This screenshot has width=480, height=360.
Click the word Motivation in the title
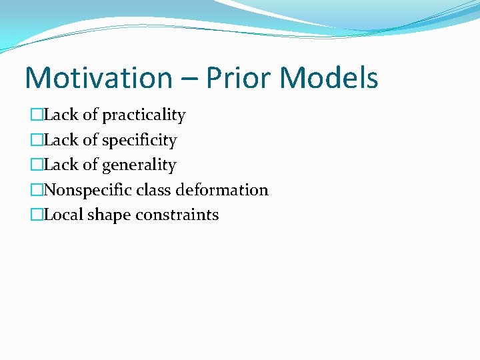click(x=98, y=78)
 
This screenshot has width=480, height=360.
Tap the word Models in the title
click(x=329, y=78)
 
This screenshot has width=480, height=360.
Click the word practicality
click(x=144, y=115)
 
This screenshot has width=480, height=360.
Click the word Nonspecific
click(x=88, y=190)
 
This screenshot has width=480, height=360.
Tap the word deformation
click(x=223, y=190)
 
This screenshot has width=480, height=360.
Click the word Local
click(x=63, y=215)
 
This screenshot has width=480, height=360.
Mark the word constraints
click(x=177, y=215)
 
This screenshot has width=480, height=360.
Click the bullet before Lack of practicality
click(x=37, y=115)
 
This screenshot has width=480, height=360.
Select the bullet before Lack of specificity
click(x=37, y=141)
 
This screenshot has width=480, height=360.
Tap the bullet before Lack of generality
click(x=37, y=165)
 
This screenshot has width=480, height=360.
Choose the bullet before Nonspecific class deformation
click(x=37, y=190)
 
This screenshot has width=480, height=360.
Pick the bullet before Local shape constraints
click(x=37, y=215)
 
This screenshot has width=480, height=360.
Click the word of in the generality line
click(x=90, y=165)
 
